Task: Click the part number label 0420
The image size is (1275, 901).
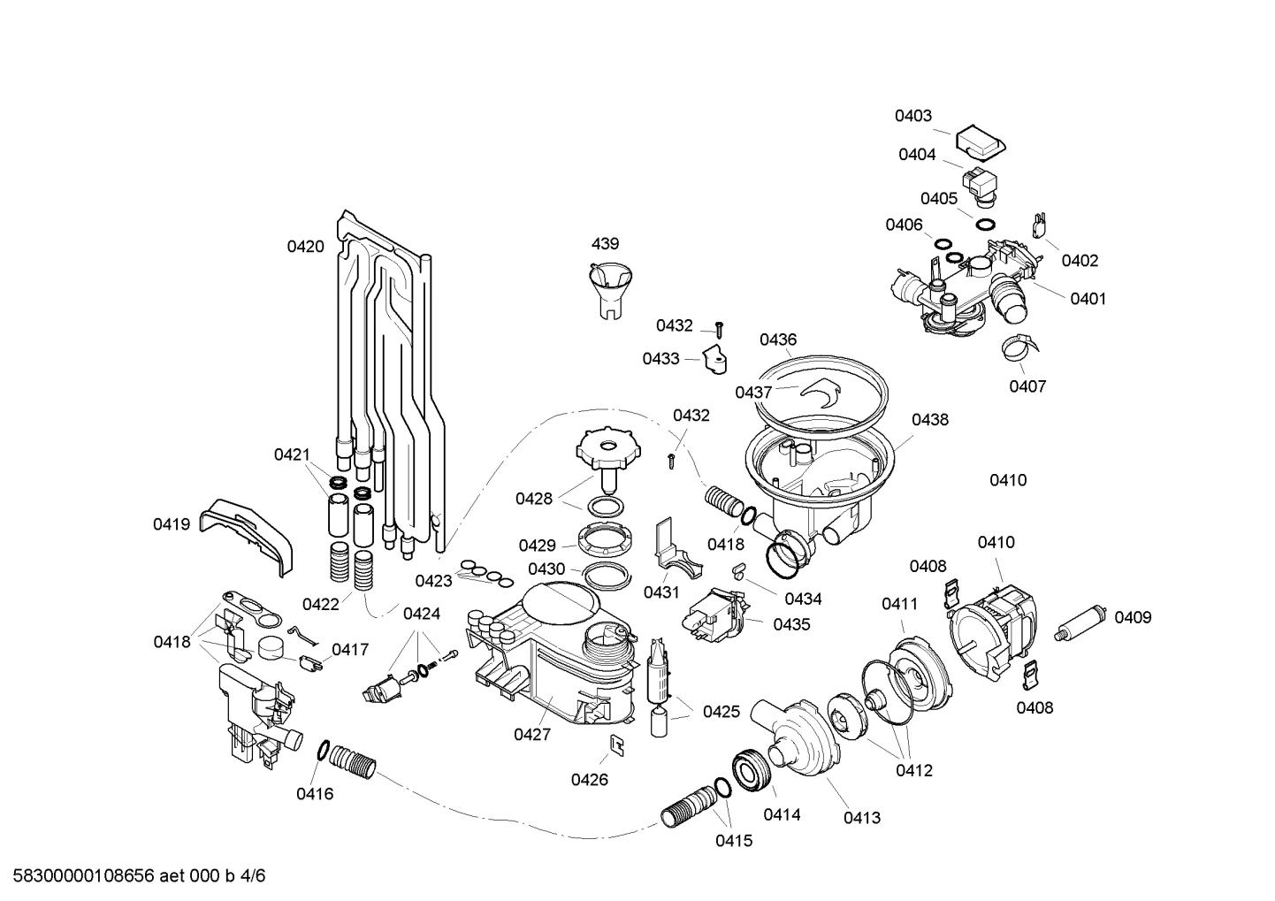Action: (x=305, y=247)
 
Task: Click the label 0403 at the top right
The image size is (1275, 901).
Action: (x=912, y=116)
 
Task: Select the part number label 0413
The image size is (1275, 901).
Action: (x=861, y=818)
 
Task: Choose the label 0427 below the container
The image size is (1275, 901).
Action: (x=531, y=734)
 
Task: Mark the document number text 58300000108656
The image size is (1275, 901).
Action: (x=79, y=876)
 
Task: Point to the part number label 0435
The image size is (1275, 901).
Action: (x=791, y=624)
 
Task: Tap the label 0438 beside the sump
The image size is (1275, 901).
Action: (x=929, y=419)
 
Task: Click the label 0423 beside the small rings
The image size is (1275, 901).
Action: (x=433, y=581)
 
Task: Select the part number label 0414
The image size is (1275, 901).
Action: (x=782, y=814)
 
